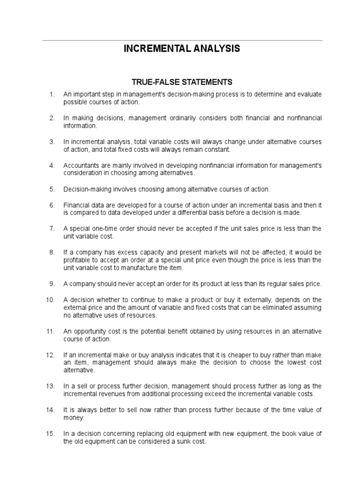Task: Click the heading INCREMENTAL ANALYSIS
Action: point(181,49)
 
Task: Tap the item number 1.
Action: point(52,94)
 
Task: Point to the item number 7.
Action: point(52,228)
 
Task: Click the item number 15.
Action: point(51,434)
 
